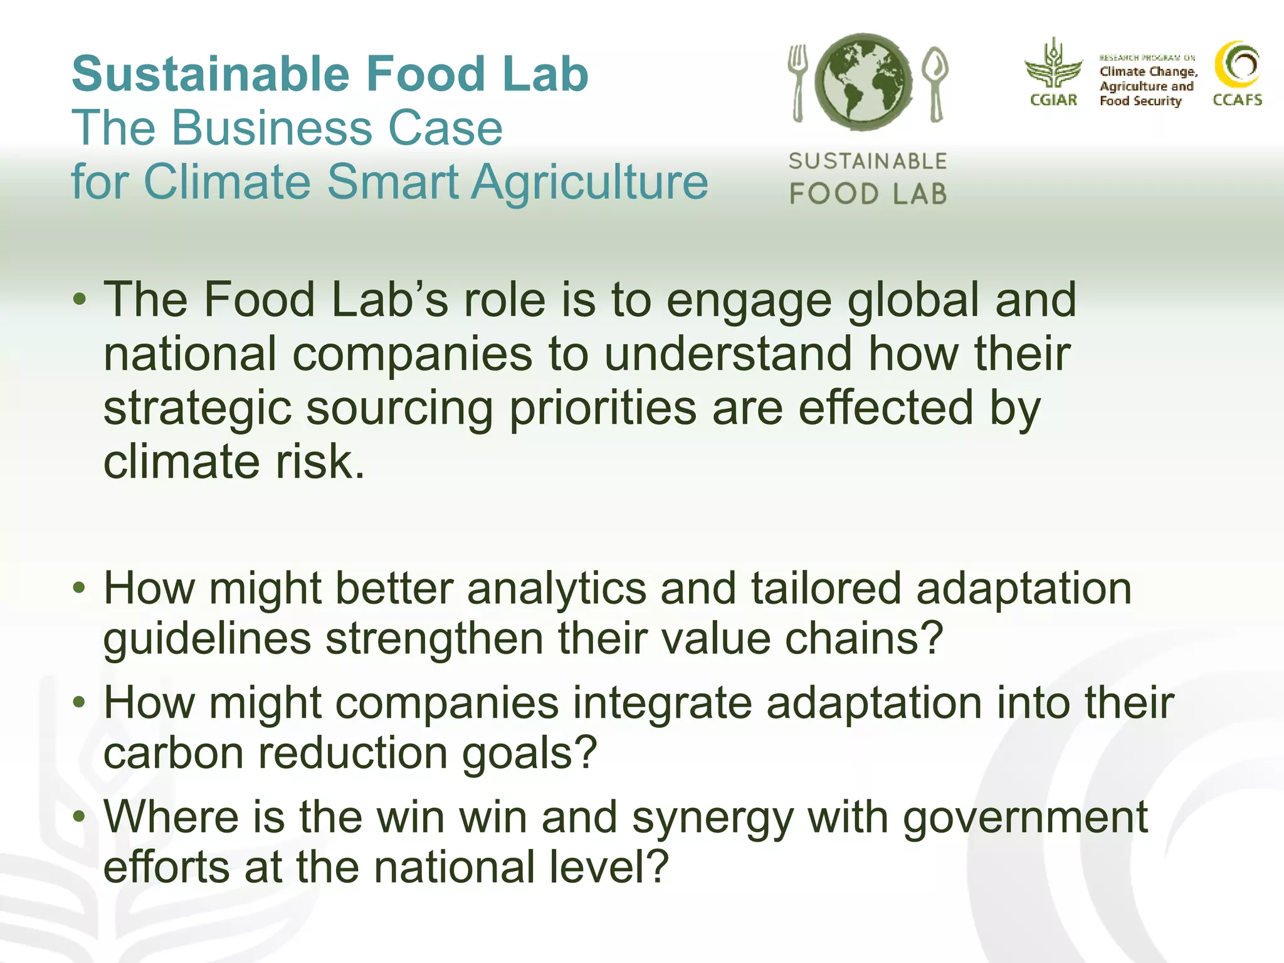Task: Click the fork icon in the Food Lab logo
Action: (797, 82)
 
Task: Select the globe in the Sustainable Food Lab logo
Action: (864, 83)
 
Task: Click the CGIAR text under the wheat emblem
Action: (1053, 100)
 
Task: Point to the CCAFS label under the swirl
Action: (1237, 100)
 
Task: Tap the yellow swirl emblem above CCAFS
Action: (1238, 65)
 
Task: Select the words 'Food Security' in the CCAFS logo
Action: (1140, 101)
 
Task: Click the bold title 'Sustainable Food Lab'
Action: (330, 74)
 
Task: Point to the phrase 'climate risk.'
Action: (234, 462)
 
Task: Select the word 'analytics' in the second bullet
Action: (556, 589)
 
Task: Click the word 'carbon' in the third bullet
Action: (173, 752)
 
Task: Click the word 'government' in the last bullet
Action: (1024, 818)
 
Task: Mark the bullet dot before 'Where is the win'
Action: (79, 816)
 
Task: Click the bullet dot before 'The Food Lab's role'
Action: (79, 299)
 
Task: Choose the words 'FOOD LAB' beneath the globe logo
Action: (868, 194)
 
